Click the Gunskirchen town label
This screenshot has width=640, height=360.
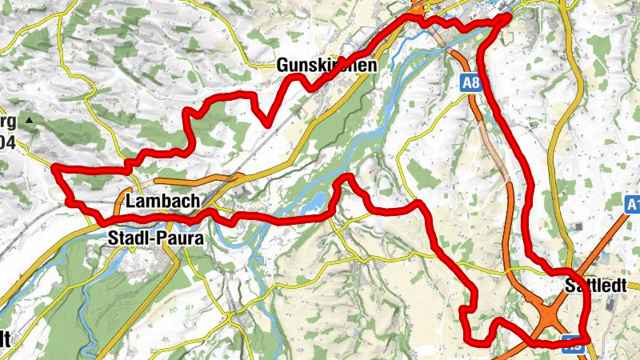(x=325, y=66)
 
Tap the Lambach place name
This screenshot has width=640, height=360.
(x=162, y=202)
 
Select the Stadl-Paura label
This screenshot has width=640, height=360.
(x=155, y=238)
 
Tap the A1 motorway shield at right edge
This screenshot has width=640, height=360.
(x=631, y=205)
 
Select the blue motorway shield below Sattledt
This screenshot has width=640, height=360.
(x=573, y=347)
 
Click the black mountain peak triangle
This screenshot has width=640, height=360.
(x=30, y=121)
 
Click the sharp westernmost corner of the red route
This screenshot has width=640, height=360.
(x=54, y=167)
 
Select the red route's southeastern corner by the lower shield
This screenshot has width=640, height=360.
(x=587, y=339)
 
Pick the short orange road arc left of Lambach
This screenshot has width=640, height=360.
(x=120, y=200)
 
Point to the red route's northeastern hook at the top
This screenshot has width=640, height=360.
(x=504, y=19)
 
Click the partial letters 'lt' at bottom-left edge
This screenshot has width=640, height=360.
(x=5, y=338)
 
